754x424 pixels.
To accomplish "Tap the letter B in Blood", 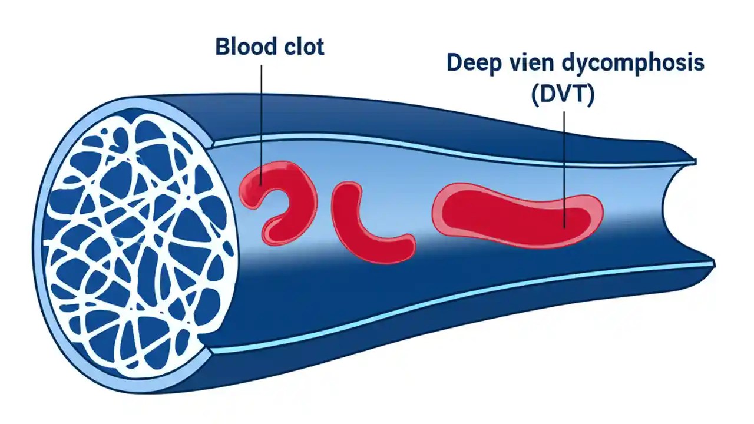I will [x=223, y=47].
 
